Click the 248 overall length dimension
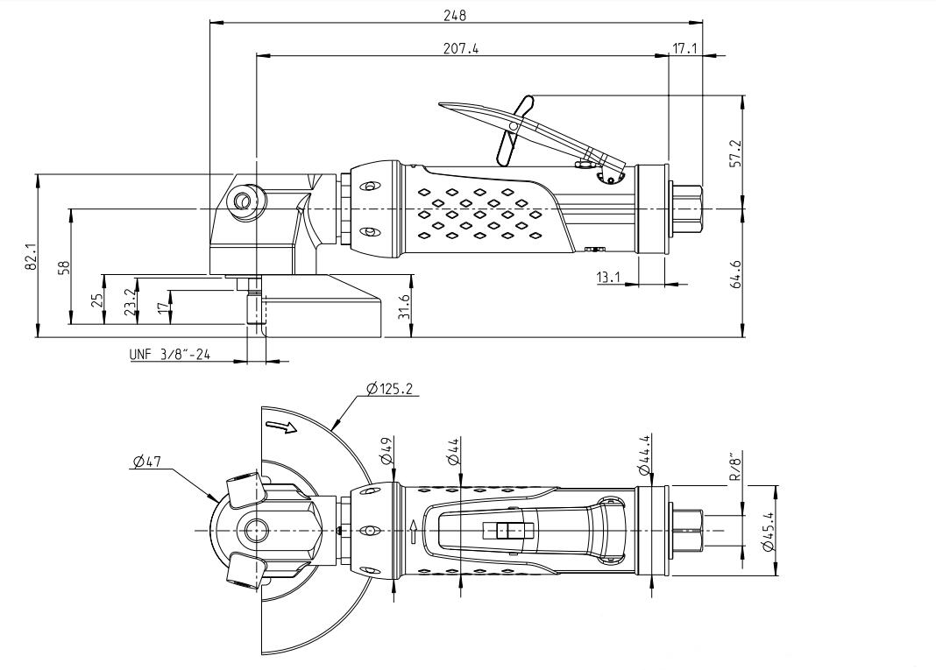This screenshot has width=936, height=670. [456, 15]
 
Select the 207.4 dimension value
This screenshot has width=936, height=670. [461, 49]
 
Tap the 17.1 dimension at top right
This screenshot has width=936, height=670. [684, 49]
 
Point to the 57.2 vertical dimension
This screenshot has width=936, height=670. [735, 152]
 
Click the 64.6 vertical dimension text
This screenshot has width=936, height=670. [735, 273]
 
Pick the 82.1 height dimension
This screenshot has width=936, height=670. [31, 255]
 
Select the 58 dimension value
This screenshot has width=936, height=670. [62, 267]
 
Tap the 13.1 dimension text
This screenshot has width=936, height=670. [608, 278]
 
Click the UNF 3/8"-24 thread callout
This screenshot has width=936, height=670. [168, 355]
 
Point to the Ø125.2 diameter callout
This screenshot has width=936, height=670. [391, 387]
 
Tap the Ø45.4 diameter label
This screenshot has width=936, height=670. [769, 531]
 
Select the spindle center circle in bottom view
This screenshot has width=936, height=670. [256, 529]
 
